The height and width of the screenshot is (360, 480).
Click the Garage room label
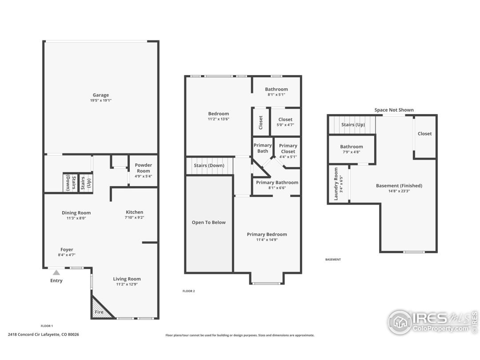101,95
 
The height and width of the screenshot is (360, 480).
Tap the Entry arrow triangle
56,272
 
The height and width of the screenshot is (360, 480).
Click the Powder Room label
143,168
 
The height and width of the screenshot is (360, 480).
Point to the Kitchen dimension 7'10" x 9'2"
134,218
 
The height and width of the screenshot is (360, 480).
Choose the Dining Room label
76,213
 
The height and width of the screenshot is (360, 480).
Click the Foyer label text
67,249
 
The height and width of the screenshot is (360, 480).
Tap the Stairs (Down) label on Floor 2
209,166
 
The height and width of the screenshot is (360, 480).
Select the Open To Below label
209,223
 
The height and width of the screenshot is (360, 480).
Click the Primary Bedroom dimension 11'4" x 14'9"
267,240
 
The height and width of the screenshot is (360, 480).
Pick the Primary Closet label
288,148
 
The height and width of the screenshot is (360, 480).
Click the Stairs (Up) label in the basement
353,124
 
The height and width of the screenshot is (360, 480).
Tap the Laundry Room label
336,184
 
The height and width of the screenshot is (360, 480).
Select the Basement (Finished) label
399,185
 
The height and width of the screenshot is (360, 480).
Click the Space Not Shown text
394,110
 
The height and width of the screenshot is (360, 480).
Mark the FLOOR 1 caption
47,326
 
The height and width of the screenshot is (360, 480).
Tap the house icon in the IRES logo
400,322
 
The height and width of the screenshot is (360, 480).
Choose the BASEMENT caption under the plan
333,260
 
